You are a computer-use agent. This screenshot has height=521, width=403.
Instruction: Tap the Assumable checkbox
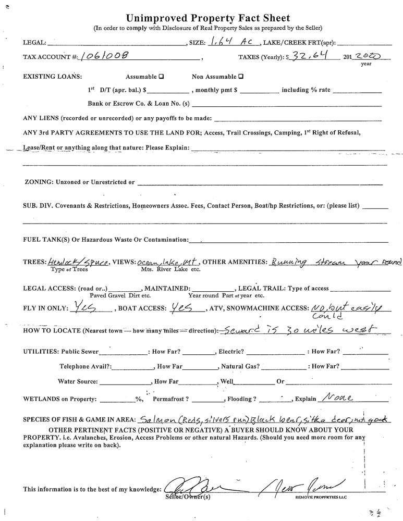pyautogui.click(x=161, y=76)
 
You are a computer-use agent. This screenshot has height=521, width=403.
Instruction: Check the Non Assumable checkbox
pyautogui.click(x=241, y=76)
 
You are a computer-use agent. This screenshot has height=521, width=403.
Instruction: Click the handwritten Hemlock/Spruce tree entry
pyautogui.click(x=77, y=263)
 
